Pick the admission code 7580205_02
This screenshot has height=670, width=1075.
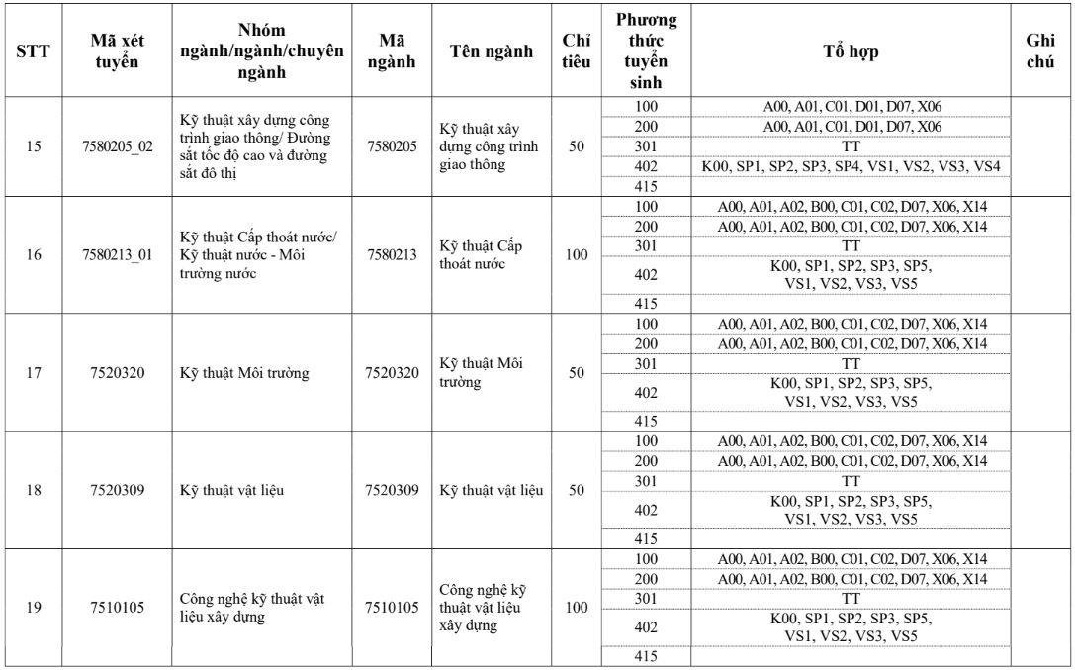click(115, 146)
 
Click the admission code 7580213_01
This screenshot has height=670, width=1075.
click(115, 254)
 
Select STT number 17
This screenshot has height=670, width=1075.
click(34, 372)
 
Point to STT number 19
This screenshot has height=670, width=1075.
click(34, 607)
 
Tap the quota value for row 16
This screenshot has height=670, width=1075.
click(577, 254)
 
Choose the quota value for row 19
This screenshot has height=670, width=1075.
click(577, 607)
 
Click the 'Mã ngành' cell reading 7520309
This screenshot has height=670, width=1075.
click(391, 490)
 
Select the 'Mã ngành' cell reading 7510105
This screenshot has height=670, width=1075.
click(391, 607)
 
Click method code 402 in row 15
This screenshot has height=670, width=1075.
click(646, 166)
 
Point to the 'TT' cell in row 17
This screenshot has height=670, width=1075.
click(851, 363)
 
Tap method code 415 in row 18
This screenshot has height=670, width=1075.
click(646, 539)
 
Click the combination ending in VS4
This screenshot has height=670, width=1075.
click(851, 166)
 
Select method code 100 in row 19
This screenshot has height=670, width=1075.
click(646, 559)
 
